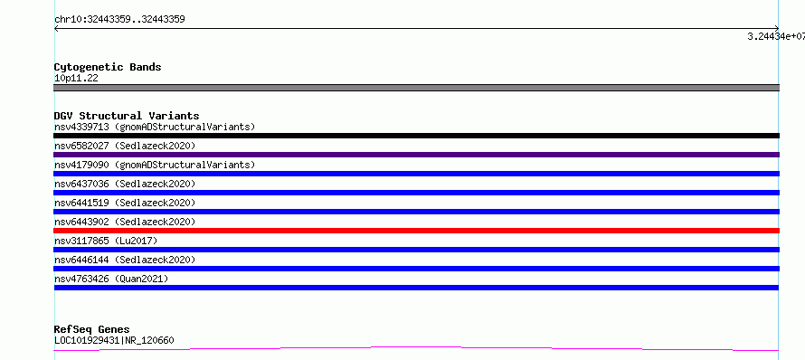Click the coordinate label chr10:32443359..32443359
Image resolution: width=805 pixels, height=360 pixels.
[x=119, y=20]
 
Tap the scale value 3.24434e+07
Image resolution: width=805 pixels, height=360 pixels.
[x=776, y=36]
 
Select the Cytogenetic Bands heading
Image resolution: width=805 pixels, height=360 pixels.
[x=108, y=67]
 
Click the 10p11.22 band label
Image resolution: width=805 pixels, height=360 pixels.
[x=76, y=79]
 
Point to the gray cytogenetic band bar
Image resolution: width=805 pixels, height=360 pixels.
[x=416, y=88]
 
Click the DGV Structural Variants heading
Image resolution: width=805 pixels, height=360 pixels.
[x=127, y=116]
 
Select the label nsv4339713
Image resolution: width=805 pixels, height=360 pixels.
[x=81, y=127]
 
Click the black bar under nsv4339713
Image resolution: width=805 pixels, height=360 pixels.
[x=416, y=136]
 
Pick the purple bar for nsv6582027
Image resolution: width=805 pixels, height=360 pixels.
[x=416, y=155]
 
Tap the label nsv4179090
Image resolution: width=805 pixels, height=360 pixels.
[x=81, y=165]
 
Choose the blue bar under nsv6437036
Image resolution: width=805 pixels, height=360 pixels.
[x=416, y=193]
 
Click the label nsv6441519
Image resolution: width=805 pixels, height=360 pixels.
[x=81, y=203]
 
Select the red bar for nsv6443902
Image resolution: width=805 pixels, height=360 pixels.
[x=416, y=231]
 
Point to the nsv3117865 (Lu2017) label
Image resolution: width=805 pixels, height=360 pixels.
[x=106, y=241]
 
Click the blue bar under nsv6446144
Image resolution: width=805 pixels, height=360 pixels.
[x=416, y=269]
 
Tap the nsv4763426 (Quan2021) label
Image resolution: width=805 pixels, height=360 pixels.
[x=111, y=279]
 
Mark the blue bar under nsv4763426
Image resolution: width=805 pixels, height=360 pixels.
[x=416, y=288]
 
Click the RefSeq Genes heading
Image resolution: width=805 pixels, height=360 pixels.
[x=92, y=329]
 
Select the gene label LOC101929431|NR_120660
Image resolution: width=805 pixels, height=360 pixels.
[x=115, y=340]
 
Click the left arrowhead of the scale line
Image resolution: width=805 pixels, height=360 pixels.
[x=55, y=29]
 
